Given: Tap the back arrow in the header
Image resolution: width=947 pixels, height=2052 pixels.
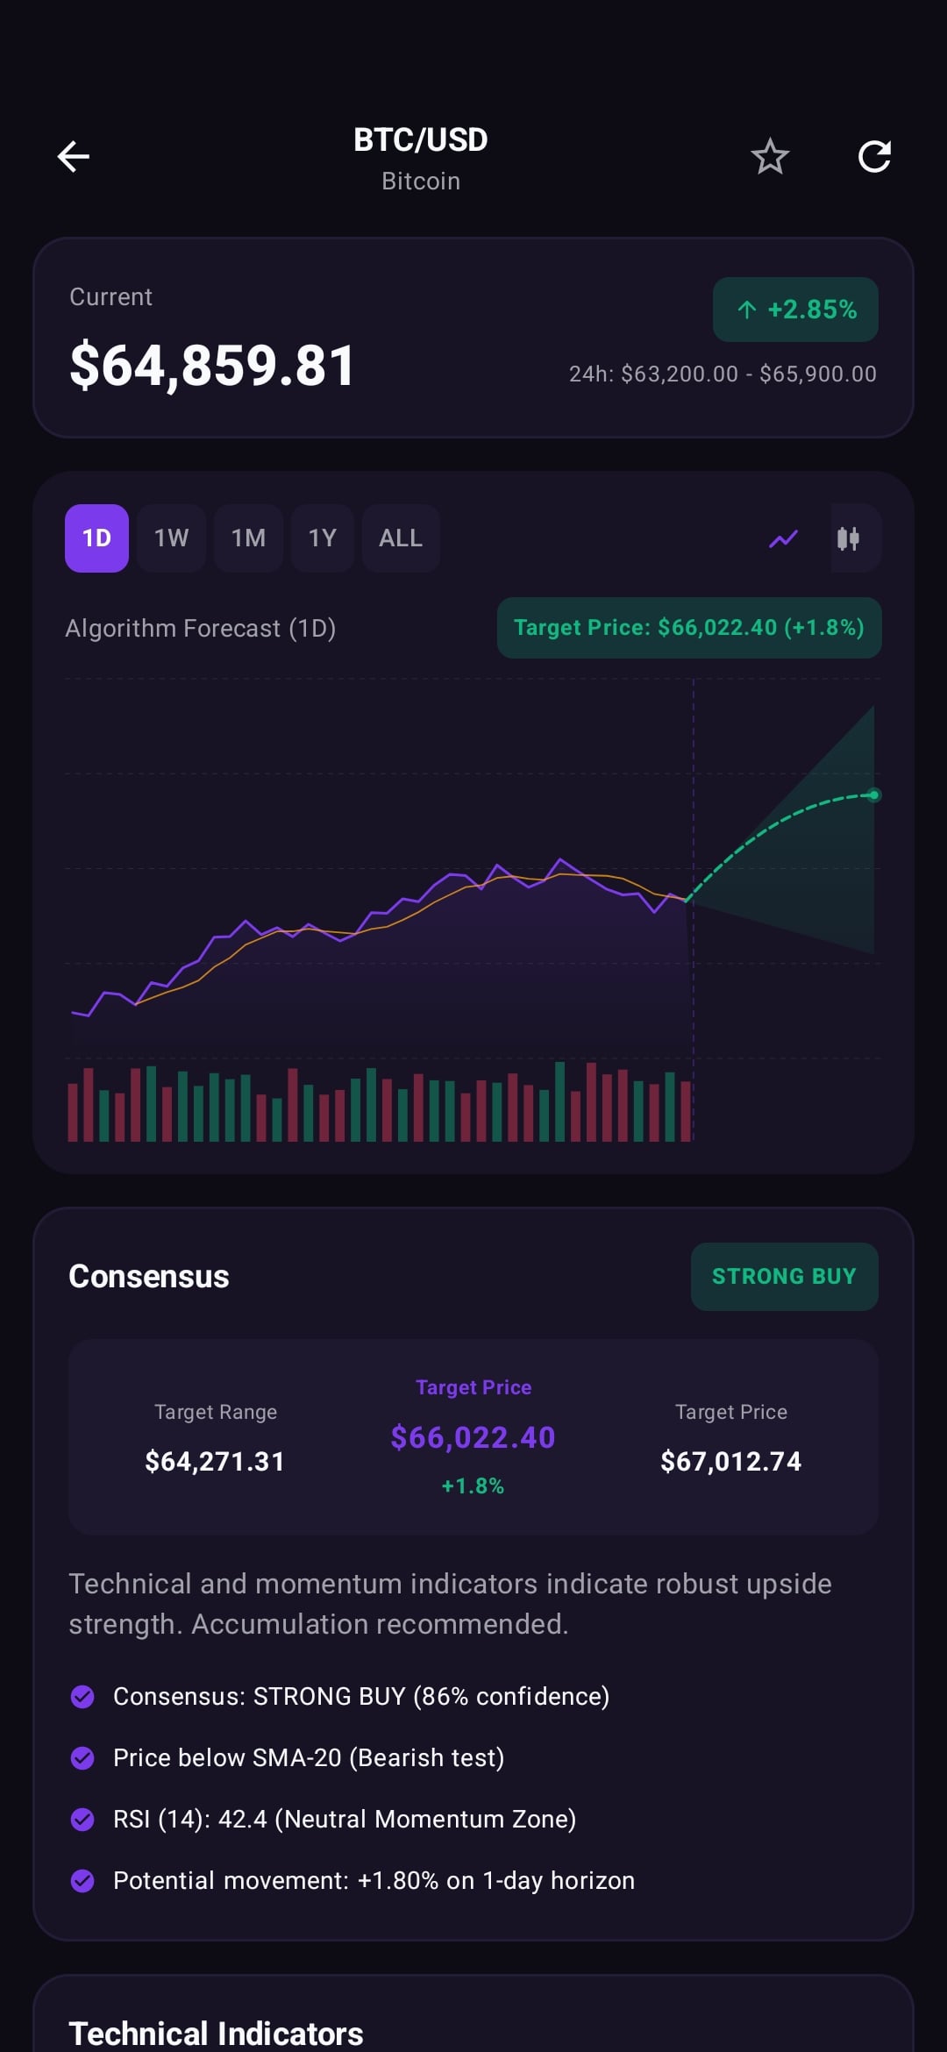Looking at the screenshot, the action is tap(74, 157).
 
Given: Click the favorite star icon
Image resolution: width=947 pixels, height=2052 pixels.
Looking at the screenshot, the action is tap(770, 157).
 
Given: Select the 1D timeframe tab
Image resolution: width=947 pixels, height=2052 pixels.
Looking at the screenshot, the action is tap(96, 538).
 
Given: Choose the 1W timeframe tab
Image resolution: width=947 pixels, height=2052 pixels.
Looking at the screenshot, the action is tap(171, 538).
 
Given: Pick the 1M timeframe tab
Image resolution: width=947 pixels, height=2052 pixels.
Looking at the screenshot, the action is tap(248, 538).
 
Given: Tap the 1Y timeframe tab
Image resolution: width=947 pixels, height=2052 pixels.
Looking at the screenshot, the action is tap(322, 538).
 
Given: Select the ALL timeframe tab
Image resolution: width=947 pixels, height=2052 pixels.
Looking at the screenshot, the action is tap(401, 538).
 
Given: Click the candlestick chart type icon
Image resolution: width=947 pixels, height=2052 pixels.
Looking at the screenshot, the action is tap(848, 538).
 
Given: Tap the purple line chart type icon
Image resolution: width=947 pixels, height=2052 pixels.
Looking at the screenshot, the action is tap(784, 538).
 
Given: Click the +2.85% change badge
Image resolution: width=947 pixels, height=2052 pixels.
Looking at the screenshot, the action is tap(795, 310).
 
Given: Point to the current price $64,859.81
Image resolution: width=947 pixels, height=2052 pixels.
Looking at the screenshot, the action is tap(212, 366).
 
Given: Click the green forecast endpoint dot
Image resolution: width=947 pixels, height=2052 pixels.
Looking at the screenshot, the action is tap(873, 795).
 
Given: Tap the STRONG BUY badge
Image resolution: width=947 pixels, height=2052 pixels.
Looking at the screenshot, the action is tap(784, 1276).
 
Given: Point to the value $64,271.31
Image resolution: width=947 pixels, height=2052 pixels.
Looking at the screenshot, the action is tap(215, 1461).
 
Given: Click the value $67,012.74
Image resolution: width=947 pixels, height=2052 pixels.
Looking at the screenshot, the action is tap(730, 1461).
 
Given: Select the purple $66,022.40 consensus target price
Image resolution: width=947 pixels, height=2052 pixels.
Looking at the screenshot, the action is tap(473, 1437).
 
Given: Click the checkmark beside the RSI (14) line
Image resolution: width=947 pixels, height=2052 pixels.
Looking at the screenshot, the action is tap(82, 1820).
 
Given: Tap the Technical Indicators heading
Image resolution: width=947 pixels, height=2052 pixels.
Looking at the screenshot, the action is tap(216, 2033).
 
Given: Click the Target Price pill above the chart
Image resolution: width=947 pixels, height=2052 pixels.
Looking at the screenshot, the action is tap(689, 628).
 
